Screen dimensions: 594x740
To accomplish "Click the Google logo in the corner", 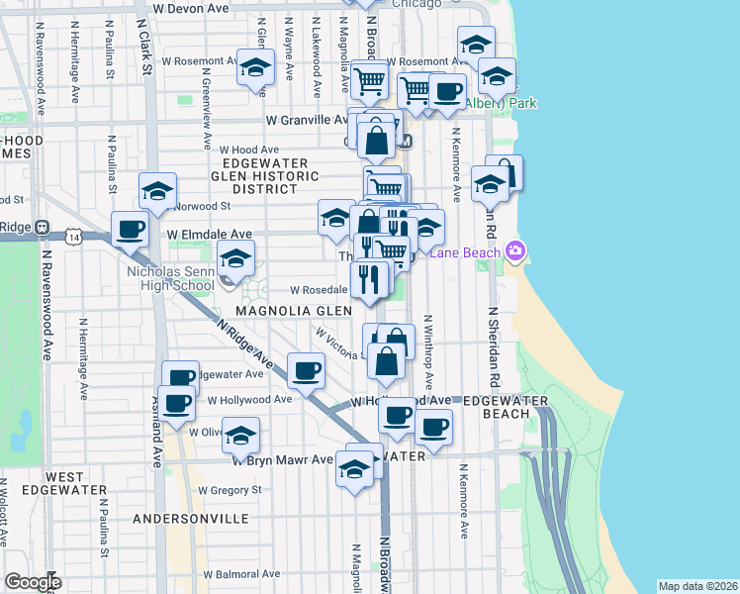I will point(33,582).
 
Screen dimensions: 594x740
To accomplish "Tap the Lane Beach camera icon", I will point(513,250).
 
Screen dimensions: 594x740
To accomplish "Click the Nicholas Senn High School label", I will point(171,277).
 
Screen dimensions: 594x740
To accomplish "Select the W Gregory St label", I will point(230,489).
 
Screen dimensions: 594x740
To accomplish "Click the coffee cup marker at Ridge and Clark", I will point(131,231).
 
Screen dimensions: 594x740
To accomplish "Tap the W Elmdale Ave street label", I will point(210,234).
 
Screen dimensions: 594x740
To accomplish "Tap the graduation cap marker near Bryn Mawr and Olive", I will point(240,436).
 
